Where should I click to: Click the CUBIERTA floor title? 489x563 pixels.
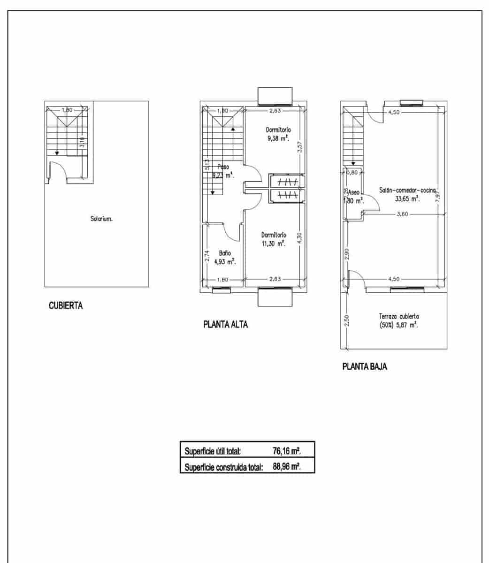point(66,306)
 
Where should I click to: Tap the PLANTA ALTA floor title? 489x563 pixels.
point(225,324)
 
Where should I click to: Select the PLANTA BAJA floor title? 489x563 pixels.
point(365,367)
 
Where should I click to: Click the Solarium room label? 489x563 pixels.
point(101,219)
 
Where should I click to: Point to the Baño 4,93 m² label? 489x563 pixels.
point(224,258)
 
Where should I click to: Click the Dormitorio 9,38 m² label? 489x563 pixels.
point(278,134)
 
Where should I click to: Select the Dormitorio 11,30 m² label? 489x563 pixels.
point(274,239)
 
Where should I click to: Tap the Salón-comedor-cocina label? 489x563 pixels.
point(407,194)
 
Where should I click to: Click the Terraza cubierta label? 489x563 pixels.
point(399,320)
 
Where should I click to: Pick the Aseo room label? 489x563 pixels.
point(353,196)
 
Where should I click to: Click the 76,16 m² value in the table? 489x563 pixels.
point(287,451)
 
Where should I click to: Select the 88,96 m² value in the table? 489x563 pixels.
point(287,467)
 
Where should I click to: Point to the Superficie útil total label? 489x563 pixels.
point(213,451)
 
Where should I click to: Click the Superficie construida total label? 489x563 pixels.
point(223,467)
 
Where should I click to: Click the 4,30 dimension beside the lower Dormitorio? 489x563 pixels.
point(300,238)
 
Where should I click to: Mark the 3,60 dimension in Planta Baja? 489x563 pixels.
point(402,214)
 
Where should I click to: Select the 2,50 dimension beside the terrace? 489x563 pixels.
point(347,320)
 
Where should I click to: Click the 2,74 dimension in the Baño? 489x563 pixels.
point(206,256)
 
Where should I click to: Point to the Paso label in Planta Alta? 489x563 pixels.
point(223,167)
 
